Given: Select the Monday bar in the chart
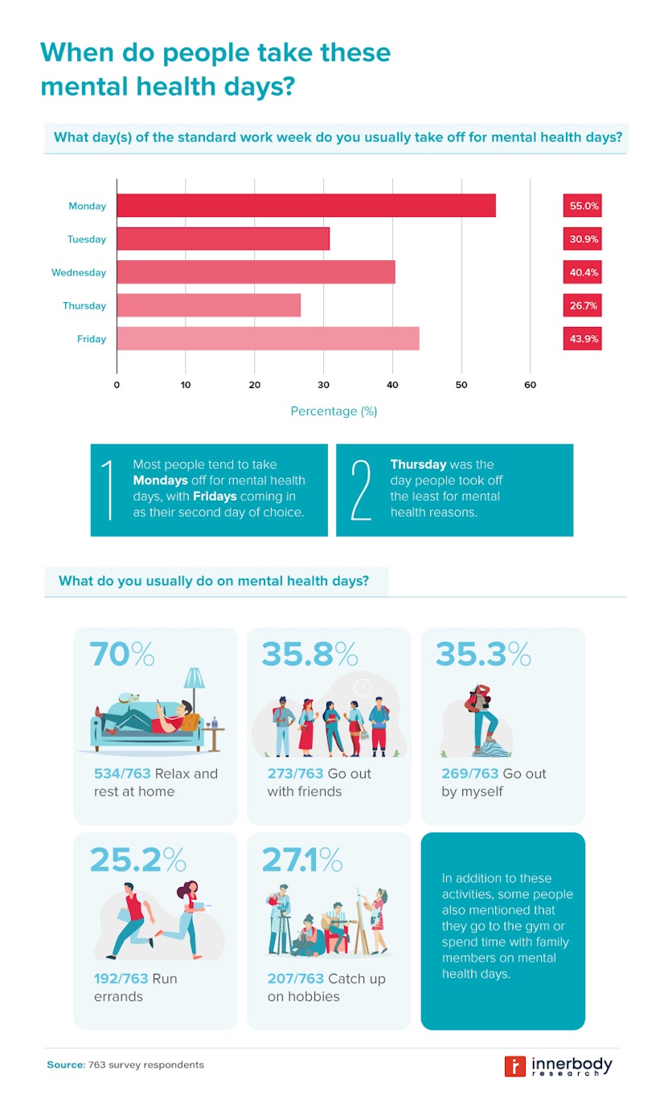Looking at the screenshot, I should coord(305,206).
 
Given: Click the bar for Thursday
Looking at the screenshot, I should coord(208,305).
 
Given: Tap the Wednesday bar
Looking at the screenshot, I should coord(256,272).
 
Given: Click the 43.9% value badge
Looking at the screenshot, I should coord(583,339).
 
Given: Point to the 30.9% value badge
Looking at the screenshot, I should coord(583,239).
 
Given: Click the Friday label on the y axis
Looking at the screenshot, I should coord(92,339).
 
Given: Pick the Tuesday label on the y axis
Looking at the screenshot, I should coord(87,239).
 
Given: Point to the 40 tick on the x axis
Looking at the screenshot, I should coord(392,386).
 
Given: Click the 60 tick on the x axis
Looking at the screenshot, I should coord(531,386).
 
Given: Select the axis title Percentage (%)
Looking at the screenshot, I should coord(334,411).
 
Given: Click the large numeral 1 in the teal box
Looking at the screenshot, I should coord(109,490).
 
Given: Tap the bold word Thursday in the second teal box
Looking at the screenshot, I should coord(418,464).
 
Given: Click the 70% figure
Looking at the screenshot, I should coord(121,655).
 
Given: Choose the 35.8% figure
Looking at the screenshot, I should coord(309,655).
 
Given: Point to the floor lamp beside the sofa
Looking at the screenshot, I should coord(194,691).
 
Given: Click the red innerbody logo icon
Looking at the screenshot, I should coord(514,1065).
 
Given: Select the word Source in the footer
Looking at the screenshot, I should coord(64,1065).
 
